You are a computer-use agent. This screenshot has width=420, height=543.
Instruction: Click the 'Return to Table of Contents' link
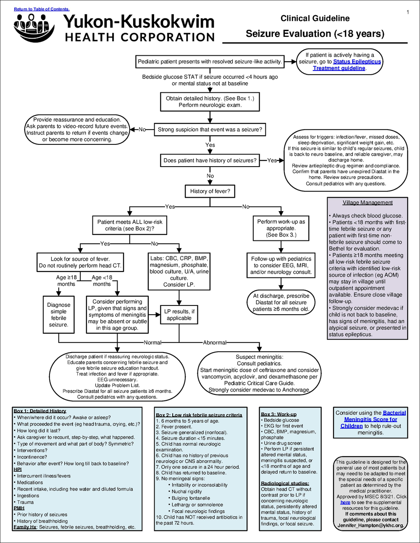point(42,9)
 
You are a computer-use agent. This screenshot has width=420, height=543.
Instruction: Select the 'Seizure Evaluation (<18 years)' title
point(315,34)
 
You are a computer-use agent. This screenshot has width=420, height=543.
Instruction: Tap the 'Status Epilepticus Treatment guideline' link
point(346,65)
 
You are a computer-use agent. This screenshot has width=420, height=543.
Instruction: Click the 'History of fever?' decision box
point(210,191)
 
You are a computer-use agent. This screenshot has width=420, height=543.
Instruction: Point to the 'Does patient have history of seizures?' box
point(210,160)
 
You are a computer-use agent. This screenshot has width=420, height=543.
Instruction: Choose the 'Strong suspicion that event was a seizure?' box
point(210,130)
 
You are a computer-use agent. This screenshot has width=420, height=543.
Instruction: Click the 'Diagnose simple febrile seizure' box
point(58,315)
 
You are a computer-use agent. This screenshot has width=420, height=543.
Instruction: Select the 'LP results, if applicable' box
point(179,315)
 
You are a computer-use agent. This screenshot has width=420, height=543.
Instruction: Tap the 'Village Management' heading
point(367,203)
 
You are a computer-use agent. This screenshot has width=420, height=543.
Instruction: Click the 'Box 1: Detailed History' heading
point(40,411)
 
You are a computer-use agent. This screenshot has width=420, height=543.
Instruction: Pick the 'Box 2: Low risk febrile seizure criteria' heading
point(199,415)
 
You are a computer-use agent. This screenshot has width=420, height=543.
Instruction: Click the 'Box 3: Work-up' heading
point(278,414)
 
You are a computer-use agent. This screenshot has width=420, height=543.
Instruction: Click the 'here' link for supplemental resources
point(345,502)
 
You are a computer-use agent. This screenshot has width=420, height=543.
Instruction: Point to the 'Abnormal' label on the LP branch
point(215,343)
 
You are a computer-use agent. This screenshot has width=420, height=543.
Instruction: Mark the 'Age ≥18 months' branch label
point(66,281)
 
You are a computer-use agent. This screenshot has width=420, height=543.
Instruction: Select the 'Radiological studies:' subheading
point(285,483)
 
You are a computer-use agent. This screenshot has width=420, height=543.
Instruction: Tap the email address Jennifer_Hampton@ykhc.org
point(370,525)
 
